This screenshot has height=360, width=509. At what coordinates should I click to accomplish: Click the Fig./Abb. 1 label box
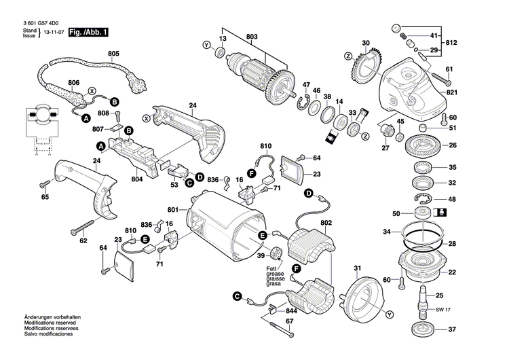pos(88,33)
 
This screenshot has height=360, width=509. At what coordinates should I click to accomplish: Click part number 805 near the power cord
pos(113,54)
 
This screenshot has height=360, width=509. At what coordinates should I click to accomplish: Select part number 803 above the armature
pos(252,36)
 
